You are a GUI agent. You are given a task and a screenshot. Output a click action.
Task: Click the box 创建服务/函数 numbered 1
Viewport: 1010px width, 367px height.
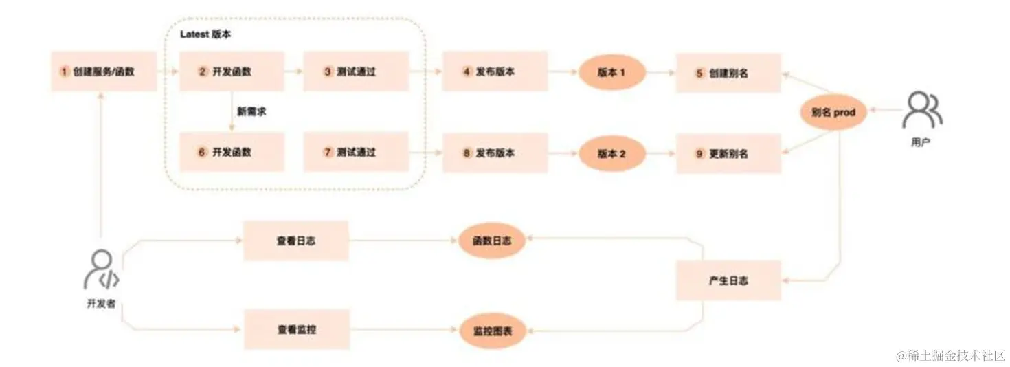pos(104,71)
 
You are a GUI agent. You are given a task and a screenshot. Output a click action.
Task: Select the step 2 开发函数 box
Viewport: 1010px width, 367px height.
pos(232,71)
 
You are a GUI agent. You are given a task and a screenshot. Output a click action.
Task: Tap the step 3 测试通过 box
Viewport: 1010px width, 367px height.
pos(356,71)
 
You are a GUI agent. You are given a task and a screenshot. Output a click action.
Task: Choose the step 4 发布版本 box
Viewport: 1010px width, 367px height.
pos(495,71)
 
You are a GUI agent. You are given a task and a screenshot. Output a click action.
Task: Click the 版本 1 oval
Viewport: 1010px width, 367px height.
pos(611,72)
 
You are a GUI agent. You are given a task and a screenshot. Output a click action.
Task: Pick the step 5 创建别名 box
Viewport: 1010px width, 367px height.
pos(728,72)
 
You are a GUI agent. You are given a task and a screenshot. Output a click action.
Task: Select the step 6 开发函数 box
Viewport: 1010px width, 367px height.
pos(232,152)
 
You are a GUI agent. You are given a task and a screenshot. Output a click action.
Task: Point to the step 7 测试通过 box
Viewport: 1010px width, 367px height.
pos(356,152)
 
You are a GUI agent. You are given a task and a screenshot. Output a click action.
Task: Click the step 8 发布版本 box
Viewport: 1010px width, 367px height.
pos(495,153)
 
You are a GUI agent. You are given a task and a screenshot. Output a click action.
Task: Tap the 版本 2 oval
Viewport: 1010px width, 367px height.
pos(611,154)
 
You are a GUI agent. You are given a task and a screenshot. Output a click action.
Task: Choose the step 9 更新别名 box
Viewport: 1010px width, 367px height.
pos(728,154)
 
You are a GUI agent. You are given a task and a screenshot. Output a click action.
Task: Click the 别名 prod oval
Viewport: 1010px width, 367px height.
pos(833,111)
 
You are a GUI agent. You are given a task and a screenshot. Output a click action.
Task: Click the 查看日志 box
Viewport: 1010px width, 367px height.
pos(296,241)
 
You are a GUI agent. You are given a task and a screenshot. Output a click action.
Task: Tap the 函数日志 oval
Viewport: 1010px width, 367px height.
pos(491,241)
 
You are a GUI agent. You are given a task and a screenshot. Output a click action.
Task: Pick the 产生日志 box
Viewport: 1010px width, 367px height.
pos(728,280)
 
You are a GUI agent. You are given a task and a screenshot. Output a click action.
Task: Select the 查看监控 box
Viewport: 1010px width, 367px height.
pos(296,330)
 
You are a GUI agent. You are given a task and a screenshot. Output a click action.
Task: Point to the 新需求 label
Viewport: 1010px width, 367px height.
pos(251,111)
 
